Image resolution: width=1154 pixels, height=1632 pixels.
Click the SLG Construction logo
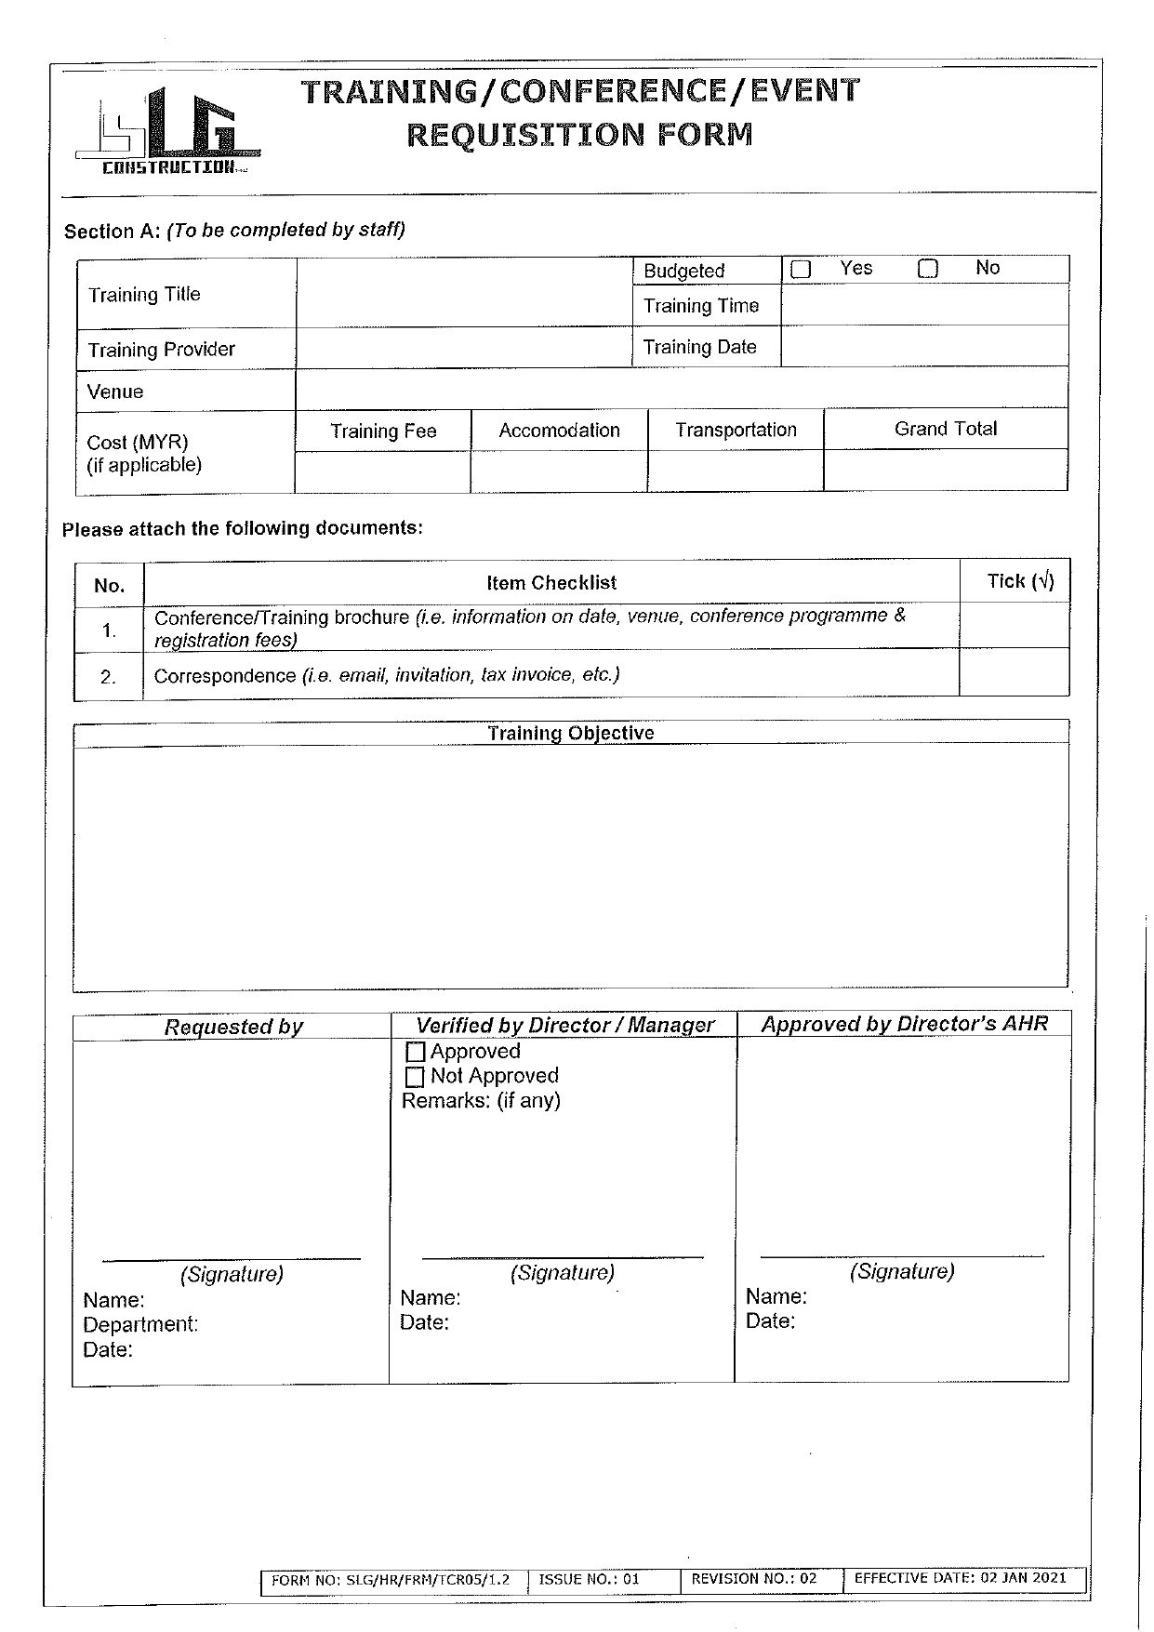[x=167, y=132]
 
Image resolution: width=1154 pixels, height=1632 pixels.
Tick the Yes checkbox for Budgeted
[x=801, y=270]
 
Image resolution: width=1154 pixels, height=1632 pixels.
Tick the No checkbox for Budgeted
[x=928, y=270]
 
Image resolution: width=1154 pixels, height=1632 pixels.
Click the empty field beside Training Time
[x=924, y=304]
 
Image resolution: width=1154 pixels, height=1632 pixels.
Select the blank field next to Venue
[x=681, y=389]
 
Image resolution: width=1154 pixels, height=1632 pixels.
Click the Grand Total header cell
[x=945, y=429]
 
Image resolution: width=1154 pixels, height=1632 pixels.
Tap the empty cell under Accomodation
[x=559, y=471]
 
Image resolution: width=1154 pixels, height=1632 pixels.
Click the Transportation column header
[x=736, y=430]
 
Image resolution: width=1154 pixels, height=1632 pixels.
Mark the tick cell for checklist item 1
[x=1014, y=626]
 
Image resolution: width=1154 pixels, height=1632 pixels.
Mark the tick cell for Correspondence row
[x=1014, y=672]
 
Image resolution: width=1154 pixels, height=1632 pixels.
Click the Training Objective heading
[x=570, y=733]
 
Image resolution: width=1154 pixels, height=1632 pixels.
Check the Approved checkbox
[x=416, y=1053]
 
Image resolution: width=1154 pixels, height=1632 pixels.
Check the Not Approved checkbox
[x=416, y=1077]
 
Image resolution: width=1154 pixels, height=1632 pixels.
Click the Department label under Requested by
[x=140, y=1324]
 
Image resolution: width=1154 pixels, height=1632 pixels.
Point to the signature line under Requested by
[x=231, y=1259]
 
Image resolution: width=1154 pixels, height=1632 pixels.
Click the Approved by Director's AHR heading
[x=904, y=1024]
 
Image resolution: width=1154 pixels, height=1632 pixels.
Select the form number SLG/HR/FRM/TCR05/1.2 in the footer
[x=391, y=1579]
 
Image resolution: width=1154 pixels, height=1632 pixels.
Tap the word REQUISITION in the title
[x=525, y=135]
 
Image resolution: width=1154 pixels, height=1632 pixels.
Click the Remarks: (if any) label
[x=481, y=1101]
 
